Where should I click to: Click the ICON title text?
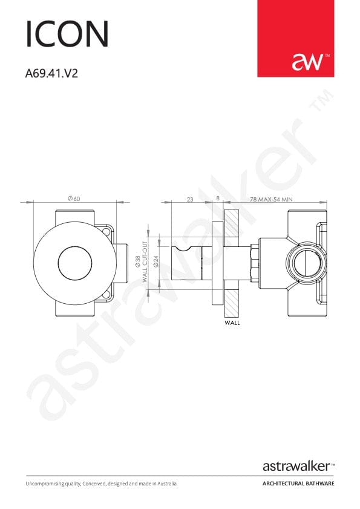coord(67,34)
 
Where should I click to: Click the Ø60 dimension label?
coord(74,199)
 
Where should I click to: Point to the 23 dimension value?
coord(189,199)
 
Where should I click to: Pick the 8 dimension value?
coord(218,199)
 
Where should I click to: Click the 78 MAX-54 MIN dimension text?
coord(271,199)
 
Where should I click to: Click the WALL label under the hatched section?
coord(232,323)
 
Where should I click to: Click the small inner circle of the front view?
coord(74,263)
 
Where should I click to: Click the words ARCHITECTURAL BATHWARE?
coord(298,484)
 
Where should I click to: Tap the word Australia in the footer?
coord(165,484)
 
